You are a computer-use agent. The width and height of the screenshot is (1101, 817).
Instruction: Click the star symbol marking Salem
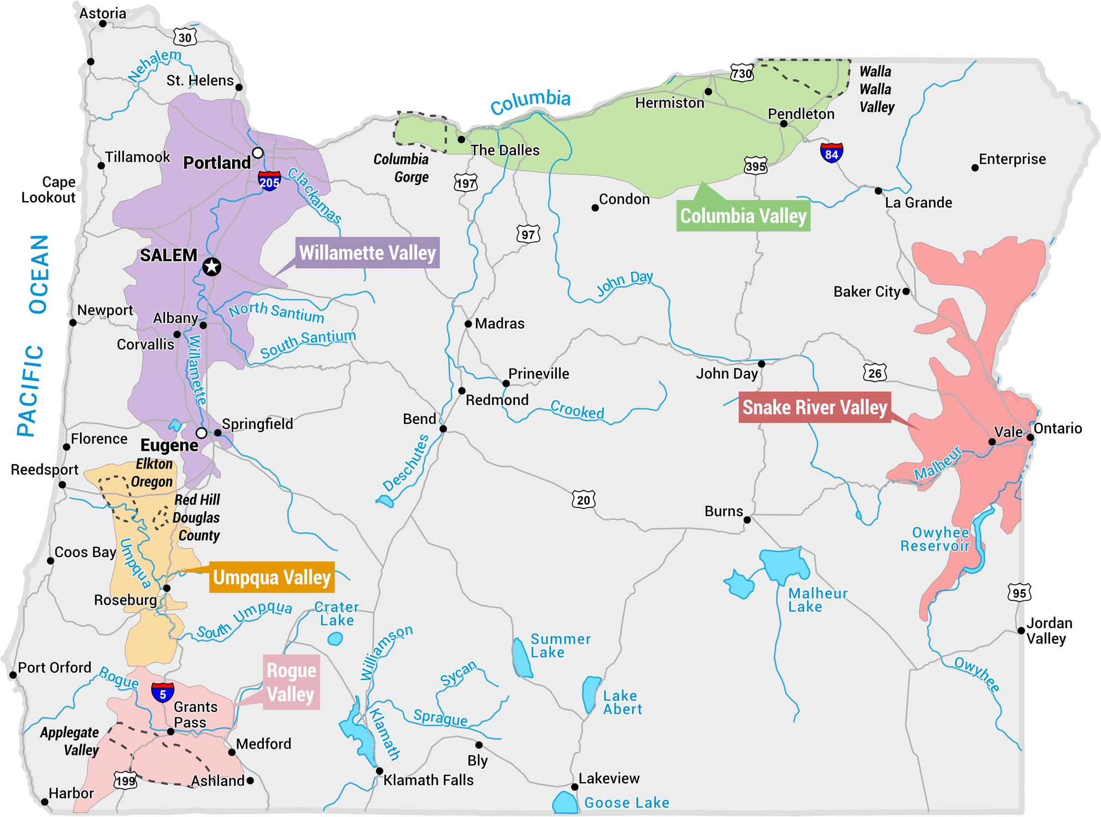pos(211,267)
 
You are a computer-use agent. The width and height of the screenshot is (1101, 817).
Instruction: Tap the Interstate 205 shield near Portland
pos(269,181)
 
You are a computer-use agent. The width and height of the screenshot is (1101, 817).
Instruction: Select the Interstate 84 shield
pos(832,153)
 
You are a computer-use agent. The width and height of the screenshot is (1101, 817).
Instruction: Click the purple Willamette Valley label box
pos(367,253)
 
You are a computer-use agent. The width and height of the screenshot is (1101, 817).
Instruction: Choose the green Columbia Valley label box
pos(743,216)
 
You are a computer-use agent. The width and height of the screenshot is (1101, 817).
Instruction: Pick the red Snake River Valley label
pos(814,407)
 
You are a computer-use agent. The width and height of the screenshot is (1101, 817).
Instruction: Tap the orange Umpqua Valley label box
pos(272,577)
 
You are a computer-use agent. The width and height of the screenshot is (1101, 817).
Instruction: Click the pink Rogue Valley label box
pos(291,683)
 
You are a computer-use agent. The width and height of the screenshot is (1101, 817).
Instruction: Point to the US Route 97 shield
pos(528,234)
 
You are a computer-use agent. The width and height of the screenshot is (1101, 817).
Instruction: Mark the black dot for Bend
pos(443,429)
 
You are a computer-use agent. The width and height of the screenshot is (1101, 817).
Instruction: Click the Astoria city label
pos(102,13)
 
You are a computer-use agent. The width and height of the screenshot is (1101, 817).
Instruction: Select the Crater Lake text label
pos(337,614)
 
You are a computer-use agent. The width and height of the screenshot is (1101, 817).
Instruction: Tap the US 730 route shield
pos(742,73)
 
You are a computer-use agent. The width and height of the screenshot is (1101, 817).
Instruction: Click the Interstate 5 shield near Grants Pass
pos(163,693)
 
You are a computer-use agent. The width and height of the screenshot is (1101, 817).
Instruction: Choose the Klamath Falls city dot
pos(379,771)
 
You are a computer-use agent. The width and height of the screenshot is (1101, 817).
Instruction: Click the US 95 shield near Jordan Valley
pos(1019,592)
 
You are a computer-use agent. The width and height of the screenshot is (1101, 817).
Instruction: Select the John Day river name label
pos(624,283)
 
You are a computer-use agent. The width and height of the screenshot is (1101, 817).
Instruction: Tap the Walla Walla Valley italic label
pos(877,89)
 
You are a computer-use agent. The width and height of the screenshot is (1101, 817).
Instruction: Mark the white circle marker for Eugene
pos(202,433)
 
